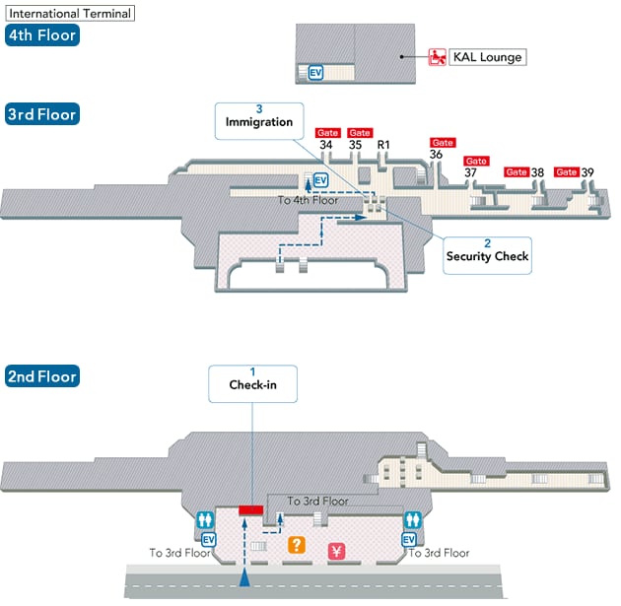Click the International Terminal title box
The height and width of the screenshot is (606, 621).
(68, 14)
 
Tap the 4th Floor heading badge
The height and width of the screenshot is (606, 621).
(40, 36)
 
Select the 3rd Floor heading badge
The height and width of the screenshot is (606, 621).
(40, 113)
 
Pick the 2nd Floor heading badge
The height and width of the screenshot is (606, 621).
(40, 376)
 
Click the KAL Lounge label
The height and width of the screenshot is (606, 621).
(487, 57)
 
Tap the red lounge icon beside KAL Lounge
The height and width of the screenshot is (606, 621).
(438, 57)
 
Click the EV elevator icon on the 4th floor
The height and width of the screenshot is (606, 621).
(315, 72)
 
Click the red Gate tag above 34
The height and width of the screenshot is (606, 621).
(326, 133)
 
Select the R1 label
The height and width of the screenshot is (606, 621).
(385, 147)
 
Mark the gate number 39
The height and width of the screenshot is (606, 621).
(587, 172)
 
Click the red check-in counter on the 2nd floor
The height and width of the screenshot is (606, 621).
(250, 509)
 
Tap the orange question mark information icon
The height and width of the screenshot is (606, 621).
(295, 543)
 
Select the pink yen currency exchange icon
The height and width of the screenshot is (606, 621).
(335, 552)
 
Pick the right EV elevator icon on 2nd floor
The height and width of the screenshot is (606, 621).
(409, 539)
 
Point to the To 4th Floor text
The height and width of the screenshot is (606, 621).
(308, 200)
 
